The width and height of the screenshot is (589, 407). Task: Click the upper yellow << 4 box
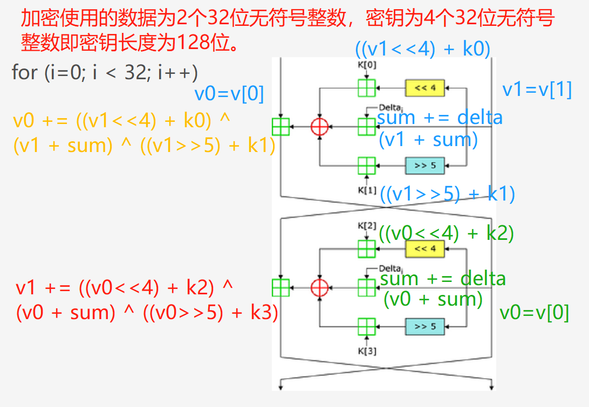coord(424,87)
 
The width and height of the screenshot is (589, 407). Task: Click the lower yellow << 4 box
coord(424,249)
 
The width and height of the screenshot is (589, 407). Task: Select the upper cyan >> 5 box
coord(424,165)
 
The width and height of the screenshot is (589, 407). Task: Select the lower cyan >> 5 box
coord(424,327)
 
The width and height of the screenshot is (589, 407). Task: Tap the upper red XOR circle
coord(320,127)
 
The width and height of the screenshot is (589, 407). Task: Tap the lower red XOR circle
coord(320,288)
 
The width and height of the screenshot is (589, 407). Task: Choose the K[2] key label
coord(367,226)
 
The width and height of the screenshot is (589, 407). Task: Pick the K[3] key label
coord(367,351)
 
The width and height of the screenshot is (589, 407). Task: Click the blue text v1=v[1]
coord(537,89)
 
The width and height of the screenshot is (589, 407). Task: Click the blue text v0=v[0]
coord(229,94)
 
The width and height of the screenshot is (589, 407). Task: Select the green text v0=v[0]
coord(534,313)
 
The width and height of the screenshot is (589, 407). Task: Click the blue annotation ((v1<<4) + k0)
coord(423,49)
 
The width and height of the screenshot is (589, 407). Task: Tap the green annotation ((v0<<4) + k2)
coord(446,233)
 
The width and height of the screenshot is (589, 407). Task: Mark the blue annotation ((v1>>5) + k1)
coord(447,194)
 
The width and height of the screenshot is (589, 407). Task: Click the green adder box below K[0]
coord(367,87)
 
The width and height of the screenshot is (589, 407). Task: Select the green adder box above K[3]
coord(367,327)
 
